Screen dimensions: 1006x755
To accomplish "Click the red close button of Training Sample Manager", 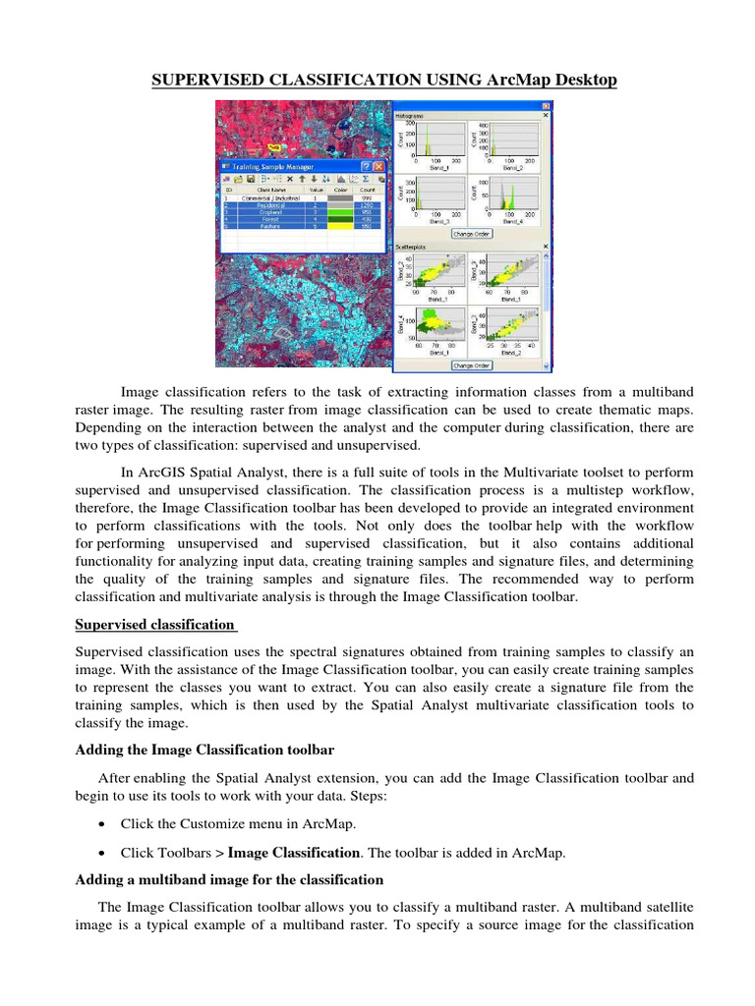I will point(378,166).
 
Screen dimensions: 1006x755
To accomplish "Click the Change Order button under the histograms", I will point(470,234).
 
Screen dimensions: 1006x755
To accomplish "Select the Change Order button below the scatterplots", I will point(470,364).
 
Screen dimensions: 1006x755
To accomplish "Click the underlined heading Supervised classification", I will point(154,624).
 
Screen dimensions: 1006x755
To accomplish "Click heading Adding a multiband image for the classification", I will point(229,879).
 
